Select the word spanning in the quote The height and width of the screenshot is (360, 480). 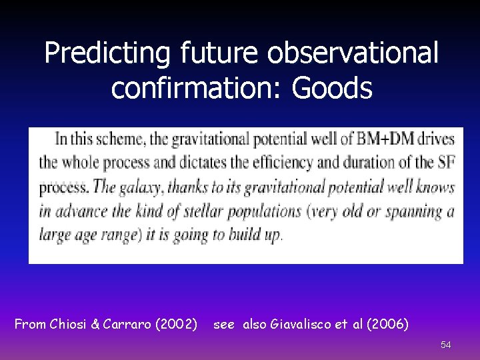point(410,212)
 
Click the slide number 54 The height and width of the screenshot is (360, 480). point(445,345)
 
